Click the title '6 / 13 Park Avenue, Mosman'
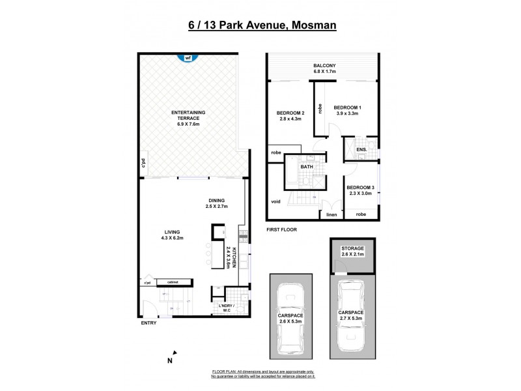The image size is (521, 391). pos(262,25)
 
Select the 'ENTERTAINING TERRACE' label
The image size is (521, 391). pos(189,113)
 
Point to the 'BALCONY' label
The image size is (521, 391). pos(324,66)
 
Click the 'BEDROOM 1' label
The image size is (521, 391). pos(347,107)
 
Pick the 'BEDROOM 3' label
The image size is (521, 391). pos(360,188)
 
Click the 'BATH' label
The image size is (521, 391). pos(306,167)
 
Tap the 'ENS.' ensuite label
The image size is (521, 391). pos(361,150)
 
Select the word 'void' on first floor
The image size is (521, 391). pos(276,201)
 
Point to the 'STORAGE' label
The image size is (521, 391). pos(352,248)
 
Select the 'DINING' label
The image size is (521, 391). pos(217,201)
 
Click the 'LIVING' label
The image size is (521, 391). pos(173,232)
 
